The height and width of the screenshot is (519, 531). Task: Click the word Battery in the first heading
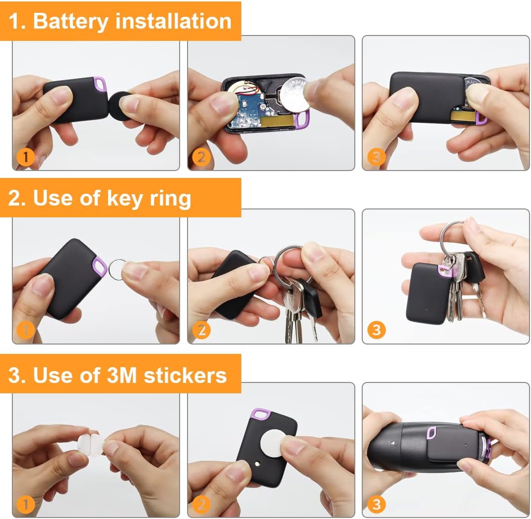coord(70,21)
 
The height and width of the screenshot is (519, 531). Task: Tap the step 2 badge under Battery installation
coord(201,157)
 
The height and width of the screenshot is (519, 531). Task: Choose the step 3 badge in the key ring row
coord(377,329)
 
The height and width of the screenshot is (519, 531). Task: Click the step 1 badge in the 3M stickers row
coord(26,504)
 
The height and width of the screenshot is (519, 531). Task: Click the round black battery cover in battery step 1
coord(120,103)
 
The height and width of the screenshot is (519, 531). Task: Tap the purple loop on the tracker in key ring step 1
coord(100,267)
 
